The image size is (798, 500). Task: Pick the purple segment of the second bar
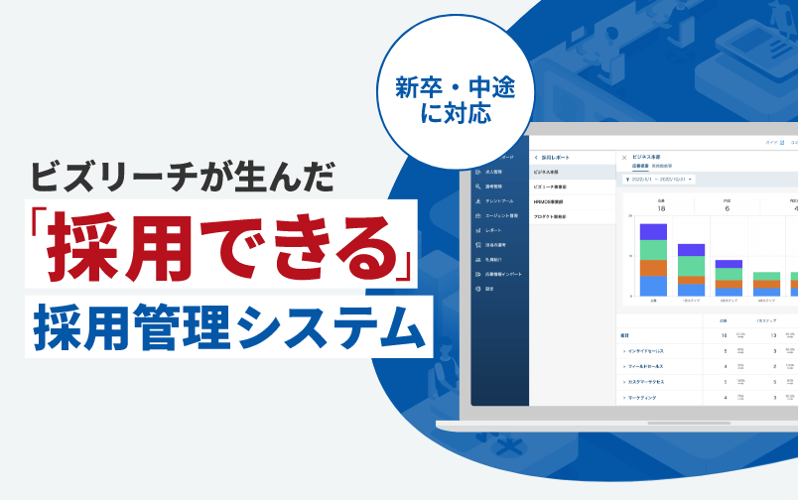click(x=691, y=250)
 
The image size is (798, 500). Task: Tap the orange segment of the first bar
click(x=653, y=268)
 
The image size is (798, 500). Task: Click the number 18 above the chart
click(x=661, y=208)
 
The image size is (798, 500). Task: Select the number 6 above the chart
click(x=727, y=208)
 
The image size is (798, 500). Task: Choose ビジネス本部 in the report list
click(x=550, y=172)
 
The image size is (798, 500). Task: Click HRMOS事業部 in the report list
click(x=550, y=201)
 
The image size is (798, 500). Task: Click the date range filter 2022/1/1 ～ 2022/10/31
click(x=659, y=180)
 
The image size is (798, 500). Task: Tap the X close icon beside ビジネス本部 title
click(x=623, y=157)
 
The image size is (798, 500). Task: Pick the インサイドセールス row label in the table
click(x=650, y=351)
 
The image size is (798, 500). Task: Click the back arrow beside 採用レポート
click(x=536, y=157)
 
